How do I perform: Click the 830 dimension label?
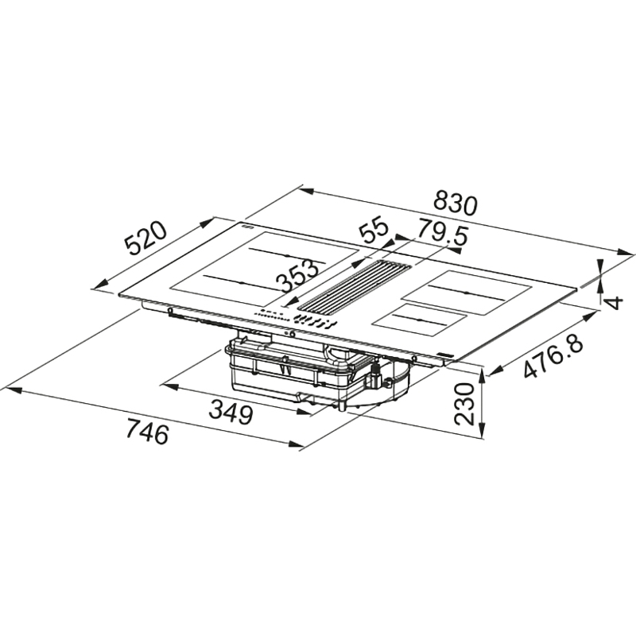pos(455,204)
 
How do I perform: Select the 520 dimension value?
pos(145,238)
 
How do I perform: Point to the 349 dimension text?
pos(231,413)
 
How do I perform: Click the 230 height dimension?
pos(464,404)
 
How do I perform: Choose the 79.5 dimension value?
pos(443,232)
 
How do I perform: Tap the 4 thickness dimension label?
pos(615,303)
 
